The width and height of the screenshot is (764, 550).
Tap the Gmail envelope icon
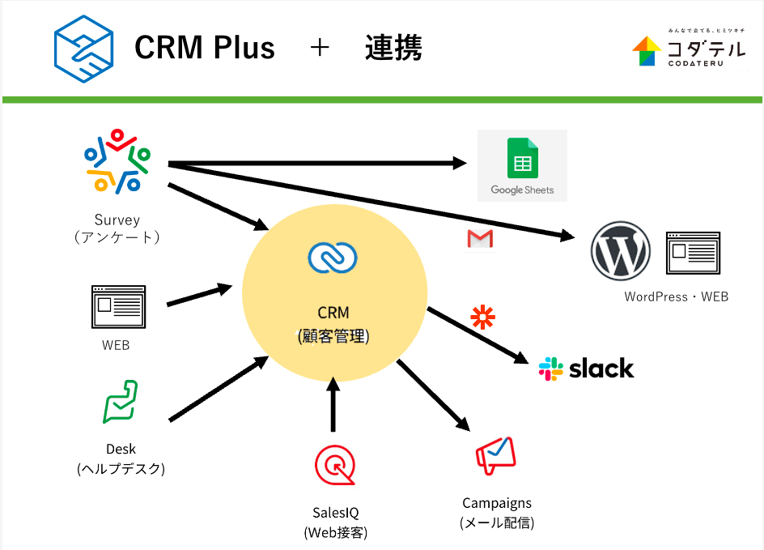click(x=480, y=239)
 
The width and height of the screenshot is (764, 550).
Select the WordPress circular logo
click(x=621, y=250)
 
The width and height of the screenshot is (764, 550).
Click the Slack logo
click(x=587, y=369)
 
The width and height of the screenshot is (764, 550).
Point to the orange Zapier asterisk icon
click(x=484, y=317)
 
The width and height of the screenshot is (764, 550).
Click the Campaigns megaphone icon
click(x=494, y=456)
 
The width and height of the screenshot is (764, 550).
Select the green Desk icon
click(x=120, y=402)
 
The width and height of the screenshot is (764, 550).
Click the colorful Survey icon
click(x=117, y=160)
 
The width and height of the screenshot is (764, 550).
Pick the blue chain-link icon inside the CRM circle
click(x=333, y=258)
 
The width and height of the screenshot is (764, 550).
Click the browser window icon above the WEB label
click(x=118, y=306)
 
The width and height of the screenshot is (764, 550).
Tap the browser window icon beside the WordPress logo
click(x=693, y=254)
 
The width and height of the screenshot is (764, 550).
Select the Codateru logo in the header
click(x=689, y=49)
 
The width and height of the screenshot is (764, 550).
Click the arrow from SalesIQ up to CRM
click(x=333, y=405)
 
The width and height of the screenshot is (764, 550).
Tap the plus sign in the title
click(x=320, y=49)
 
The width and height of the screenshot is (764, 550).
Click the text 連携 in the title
click(x=393, y=49)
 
